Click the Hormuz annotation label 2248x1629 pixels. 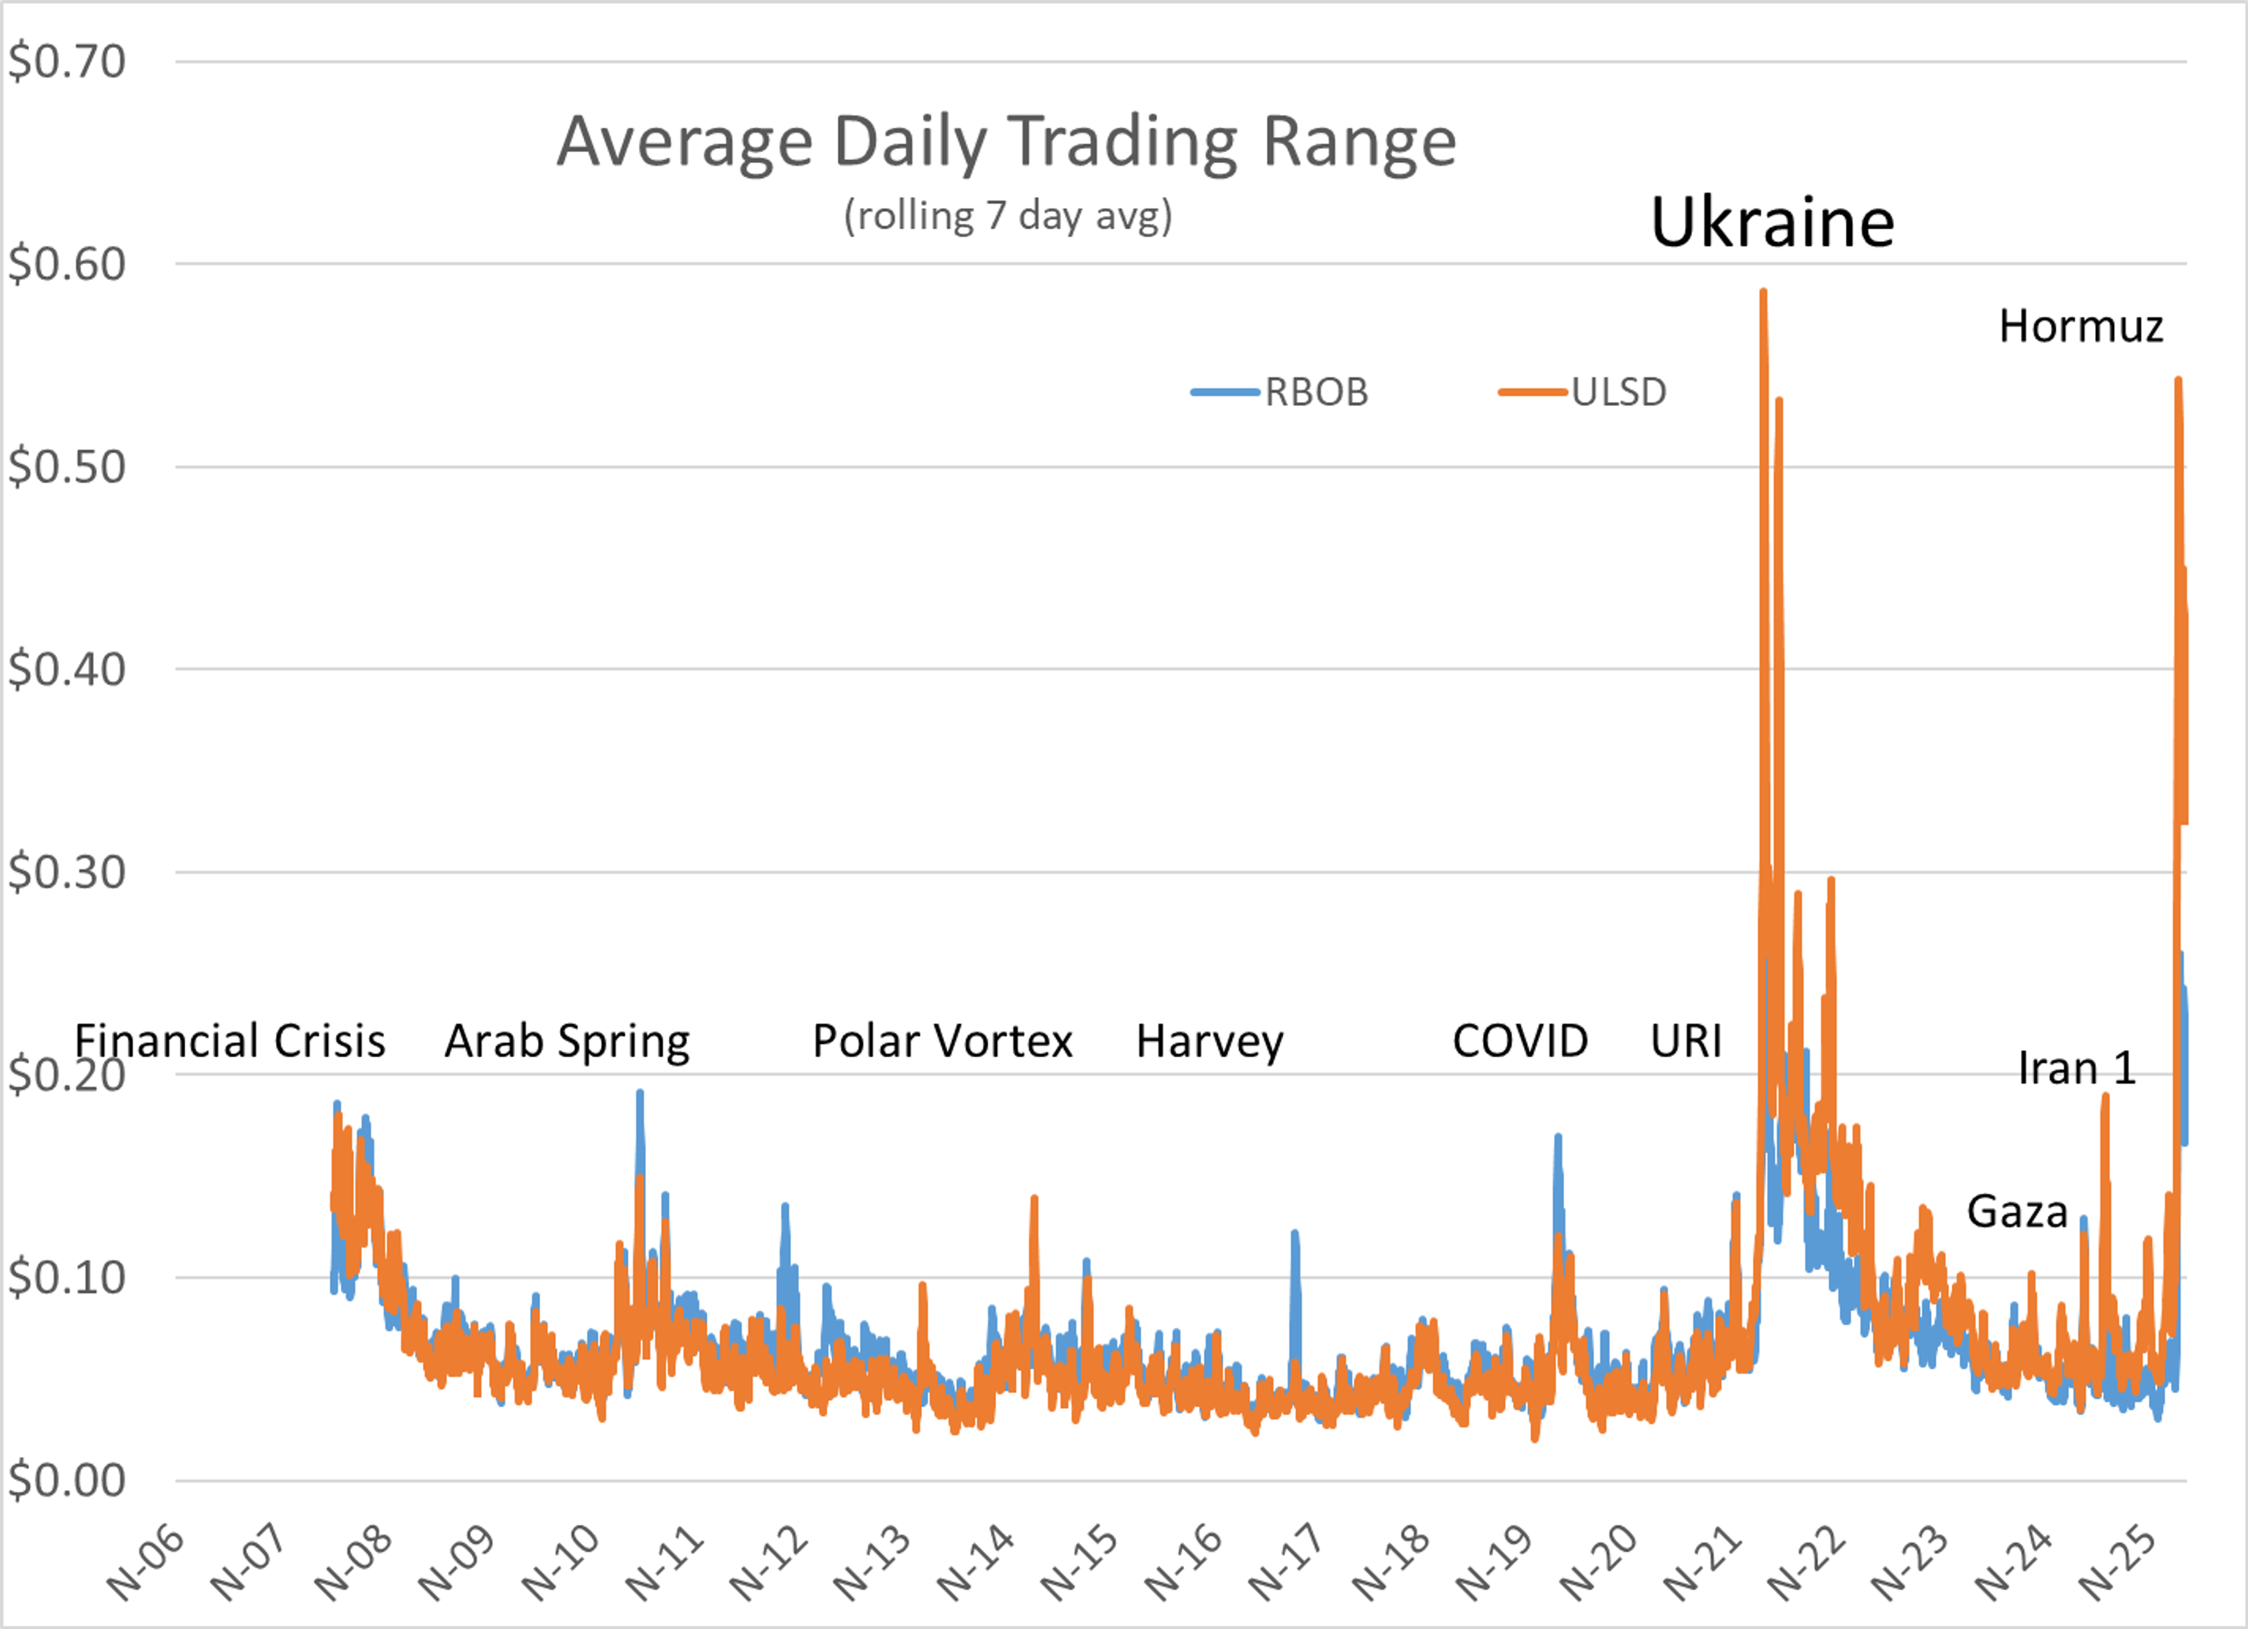coord(2081,326)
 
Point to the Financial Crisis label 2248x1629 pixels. coord(230,1042)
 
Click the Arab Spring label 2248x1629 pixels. coord(567,1042)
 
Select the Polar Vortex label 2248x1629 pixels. coord(943,1042)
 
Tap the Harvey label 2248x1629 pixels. coord(1209,1042)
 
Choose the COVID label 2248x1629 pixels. coord(1520,1042)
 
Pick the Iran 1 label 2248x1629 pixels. coord(2076,1069)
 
